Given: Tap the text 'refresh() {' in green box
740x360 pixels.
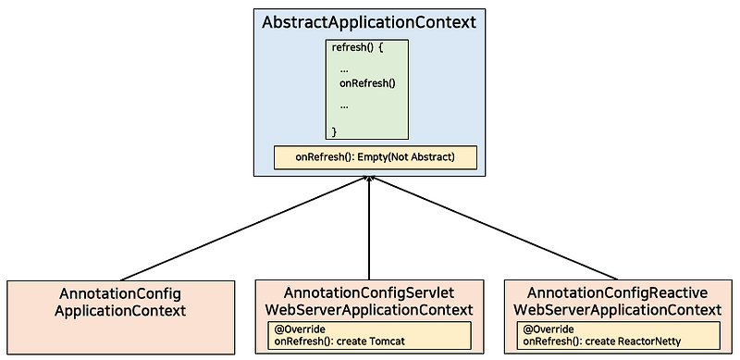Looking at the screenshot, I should pyautogui.click(x=356, y=48).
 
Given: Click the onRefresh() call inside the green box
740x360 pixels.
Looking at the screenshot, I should pyautogui.click(x=367, y=83).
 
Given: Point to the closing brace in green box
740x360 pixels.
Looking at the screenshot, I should pyautogui.click(x=335, y=132).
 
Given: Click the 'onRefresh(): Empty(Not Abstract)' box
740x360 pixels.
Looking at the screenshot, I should pyautogui.click(x=375, y=157).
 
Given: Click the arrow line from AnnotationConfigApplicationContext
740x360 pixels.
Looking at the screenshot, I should pyautogui.click(x=240, y=231).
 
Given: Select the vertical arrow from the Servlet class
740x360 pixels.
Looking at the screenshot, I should pyautogui.click(x=369, y=231).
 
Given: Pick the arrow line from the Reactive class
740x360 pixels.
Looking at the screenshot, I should pyautogui.click(x=495, y=231).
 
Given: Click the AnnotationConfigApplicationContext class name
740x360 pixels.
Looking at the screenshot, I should pyautogui.click(x=120, y=302).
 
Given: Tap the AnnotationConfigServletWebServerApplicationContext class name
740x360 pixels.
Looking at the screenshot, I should pyautogui.click(x=369, y=300).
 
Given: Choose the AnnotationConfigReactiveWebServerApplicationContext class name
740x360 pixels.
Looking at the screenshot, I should pyautogui.click(x=617, y=300).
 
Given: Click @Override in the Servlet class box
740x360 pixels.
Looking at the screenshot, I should pyautogui.click(x=298, y=329).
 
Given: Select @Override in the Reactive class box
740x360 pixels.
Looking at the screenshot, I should pyautogui.click(x=548, y=329).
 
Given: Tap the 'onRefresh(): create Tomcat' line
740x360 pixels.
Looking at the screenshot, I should pyautogui.click(x=339, y=341).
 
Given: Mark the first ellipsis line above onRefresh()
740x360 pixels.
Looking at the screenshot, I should pyautogui.click(x=343, y=68).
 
